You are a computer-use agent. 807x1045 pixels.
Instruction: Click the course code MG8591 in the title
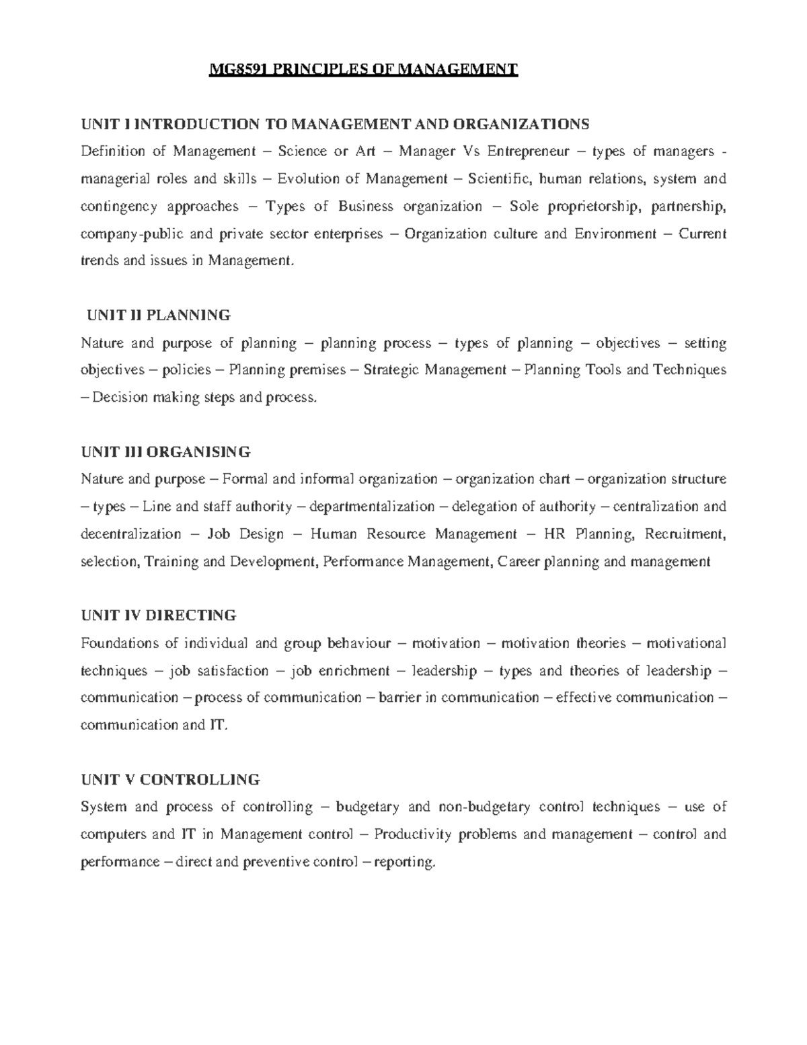(235, 69)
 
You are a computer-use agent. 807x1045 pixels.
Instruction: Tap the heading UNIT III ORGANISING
(165, 451)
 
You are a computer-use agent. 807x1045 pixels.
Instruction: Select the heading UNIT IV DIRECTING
(159, 615)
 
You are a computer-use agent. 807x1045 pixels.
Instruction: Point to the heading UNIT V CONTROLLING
(170, 780)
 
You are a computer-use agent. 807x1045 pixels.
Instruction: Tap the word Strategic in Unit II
(390, 370)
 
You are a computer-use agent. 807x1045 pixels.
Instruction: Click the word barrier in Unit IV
(399, 698)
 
